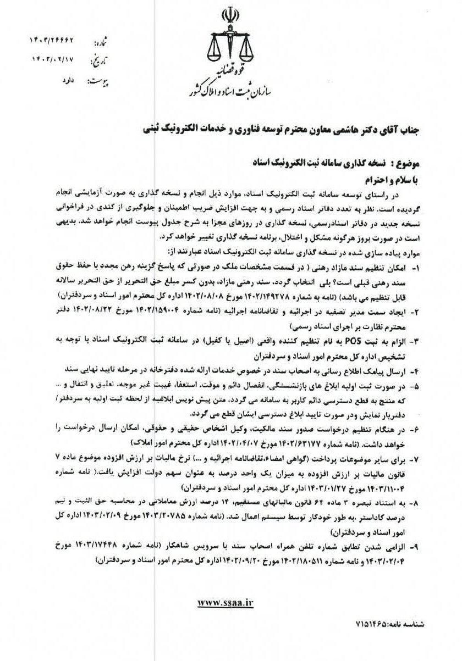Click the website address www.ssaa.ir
[x=226, y=602]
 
